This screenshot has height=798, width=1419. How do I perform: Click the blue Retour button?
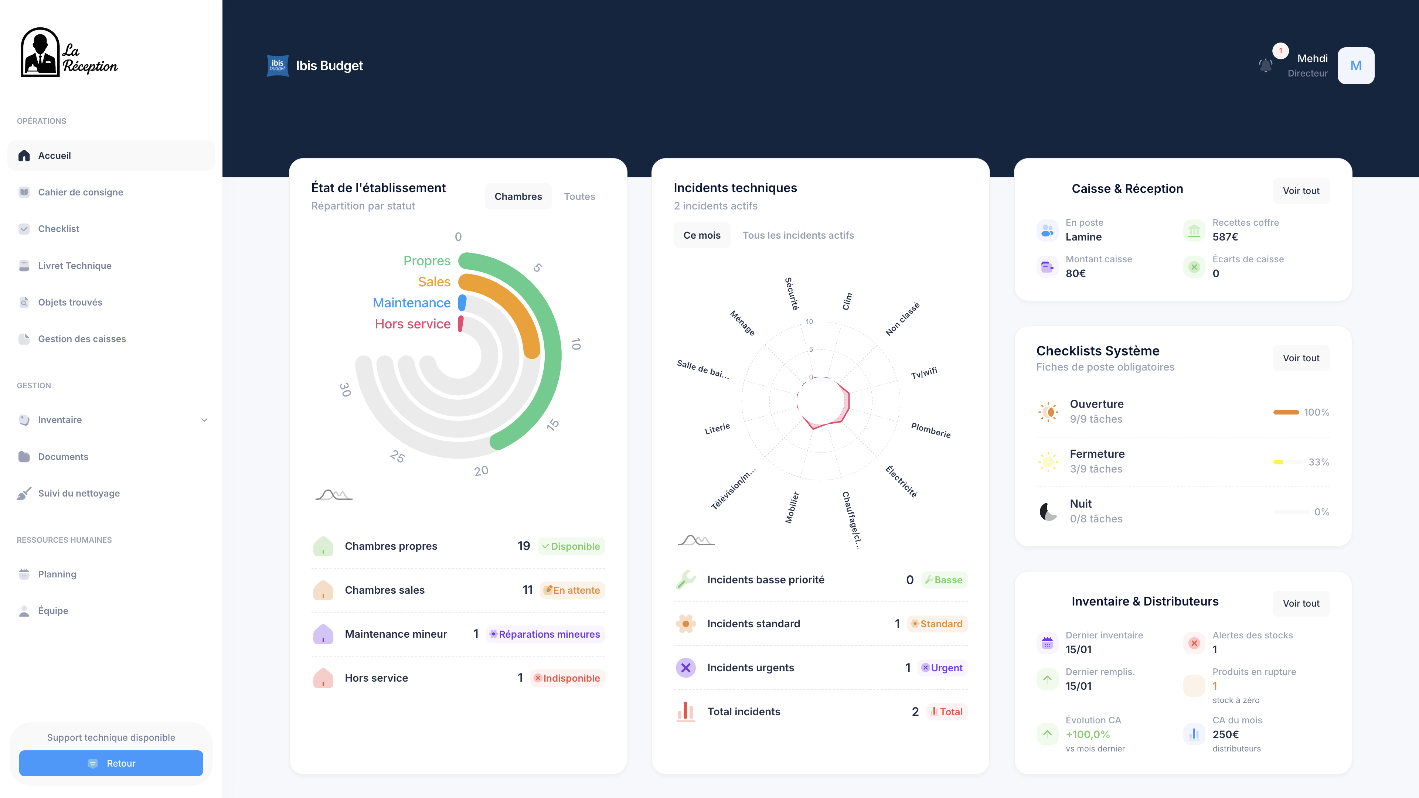pyautogui.click(x=111, y=763)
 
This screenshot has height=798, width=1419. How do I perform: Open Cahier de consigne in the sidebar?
pyautogui.click(x=81, y=192)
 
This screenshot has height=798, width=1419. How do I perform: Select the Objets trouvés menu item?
pyautogui.click(x=70, y=302)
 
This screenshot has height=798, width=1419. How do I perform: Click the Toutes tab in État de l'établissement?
pyautogui.click(x=579, y=197)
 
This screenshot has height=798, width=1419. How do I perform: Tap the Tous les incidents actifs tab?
pyautogui.click(x=798, y=235)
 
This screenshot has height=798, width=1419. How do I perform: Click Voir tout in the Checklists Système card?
pyautogui.click(x=1301, y=358)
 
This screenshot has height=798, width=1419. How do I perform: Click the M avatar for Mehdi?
pyautogui.click(x=1356, y=65)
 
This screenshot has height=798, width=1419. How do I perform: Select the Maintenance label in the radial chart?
pyautogui.click(x=412, y=303)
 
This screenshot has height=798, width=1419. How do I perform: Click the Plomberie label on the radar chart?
pyautogui.click(x=930, y=430)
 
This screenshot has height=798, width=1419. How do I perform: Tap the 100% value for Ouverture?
pyautogui.click(x=1316, y=412)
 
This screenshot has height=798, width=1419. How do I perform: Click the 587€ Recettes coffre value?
pyautogui.click(x=1225, y=237)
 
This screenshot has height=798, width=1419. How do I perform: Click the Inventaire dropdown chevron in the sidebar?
pyautogui.click(x=204, y=420)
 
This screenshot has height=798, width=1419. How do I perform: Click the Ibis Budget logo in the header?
pyautogui.click(x=278, y=65)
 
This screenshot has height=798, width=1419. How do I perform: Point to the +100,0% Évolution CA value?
pyautogui.click(x=1088, y=734)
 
